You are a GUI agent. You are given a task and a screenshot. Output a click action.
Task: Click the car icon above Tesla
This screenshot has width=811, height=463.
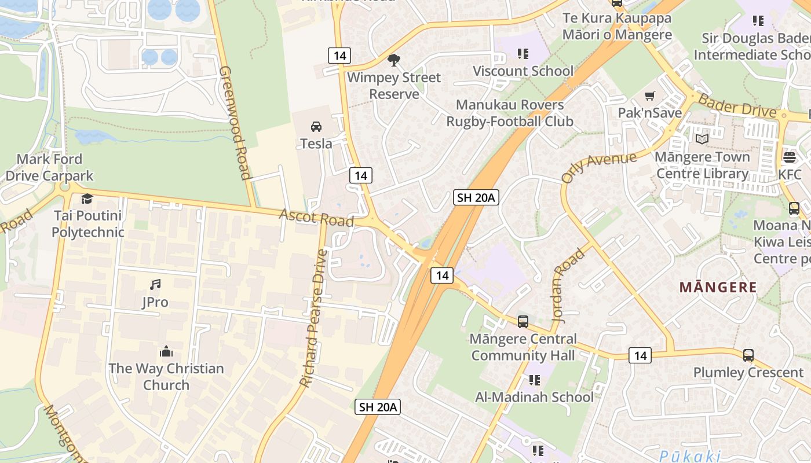pos(316,126)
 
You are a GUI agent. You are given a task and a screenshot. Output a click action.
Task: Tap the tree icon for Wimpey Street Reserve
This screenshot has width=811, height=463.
pos(394,60)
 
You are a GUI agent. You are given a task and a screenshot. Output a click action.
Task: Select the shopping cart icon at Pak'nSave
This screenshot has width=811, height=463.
pos(650,95)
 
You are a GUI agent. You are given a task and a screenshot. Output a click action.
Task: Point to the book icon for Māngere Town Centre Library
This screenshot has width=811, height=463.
pos(702,139)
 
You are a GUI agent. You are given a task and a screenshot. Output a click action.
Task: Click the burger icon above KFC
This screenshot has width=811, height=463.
pos(790,157)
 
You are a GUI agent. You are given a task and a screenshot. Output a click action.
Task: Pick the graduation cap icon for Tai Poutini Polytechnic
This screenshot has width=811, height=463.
pos(87,199)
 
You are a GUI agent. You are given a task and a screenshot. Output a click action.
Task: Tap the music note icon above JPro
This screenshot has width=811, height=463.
pos(155,284)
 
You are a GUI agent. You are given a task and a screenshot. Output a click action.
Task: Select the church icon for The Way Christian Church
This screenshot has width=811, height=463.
pos(166,351)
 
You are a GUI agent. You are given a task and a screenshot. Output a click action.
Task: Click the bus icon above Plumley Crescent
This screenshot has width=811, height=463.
pos(748,355)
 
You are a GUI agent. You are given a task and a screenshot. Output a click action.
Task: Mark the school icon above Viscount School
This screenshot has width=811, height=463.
pos(523,54)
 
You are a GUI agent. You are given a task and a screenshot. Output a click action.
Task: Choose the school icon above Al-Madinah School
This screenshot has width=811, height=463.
pos(534,380)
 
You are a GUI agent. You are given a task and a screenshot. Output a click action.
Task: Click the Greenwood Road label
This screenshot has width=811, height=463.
pos(236,122)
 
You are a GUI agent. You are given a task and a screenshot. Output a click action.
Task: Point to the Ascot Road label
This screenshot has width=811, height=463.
pos(316,218)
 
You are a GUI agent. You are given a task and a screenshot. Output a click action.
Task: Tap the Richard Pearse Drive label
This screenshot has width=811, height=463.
pos(314,318)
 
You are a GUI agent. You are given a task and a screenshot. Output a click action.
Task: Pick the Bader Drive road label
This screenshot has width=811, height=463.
pos(737,105)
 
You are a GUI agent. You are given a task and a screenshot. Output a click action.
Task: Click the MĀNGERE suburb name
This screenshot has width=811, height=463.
pos(718,287)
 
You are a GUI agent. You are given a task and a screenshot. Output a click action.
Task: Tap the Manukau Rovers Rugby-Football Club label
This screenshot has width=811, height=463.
pos(510,113)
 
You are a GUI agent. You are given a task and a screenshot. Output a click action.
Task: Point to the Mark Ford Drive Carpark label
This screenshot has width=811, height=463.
pos(49,167)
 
